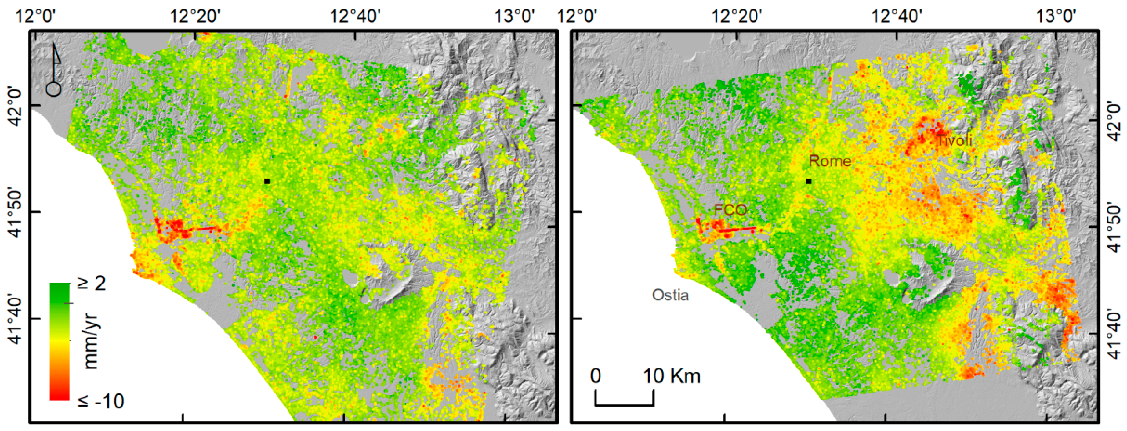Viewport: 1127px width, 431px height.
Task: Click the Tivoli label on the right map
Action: pos(954,140)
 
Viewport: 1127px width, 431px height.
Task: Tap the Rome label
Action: pos(829,161)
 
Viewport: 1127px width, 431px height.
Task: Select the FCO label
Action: pos(730,210)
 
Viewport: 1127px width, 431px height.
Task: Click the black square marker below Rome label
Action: pos(809,181)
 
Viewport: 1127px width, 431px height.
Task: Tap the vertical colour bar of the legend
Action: pos(59,341)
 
